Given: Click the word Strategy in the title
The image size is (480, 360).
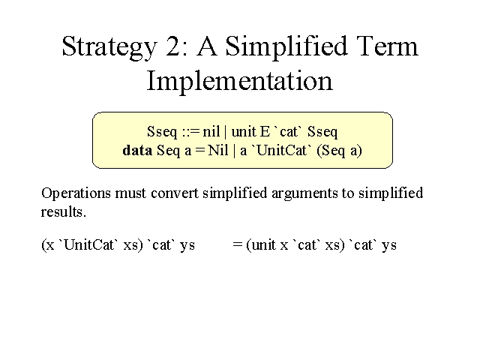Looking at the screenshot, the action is click(109, 46).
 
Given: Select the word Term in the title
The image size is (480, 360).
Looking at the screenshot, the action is click(387, 45).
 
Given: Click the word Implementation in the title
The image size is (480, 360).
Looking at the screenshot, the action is click(240, 80).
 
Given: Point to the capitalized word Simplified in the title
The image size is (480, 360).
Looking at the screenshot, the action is click(286, 46).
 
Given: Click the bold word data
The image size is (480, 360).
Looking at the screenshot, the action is click(137, 150).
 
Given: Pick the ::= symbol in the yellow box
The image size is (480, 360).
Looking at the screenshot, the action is click(190, 132).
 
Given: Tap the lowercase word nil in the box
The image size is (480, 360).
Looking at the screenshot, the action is click(211, 132).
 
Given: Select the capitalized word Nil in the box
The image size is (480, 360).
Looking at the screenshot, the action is click(218, 150).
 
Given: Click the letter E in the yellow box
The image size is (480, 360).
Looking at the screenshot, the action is click(265, 132).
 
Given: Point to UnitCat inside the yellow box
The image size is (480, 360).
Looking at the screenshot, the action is click(282, 150).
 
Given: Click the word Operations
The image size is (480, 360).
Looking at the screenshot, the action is click(76, 193).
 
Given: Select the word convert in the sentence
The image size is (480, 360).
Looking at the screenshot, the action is click(175, 193).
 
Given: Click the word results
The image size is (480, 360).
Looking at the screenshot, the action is click(63, 211).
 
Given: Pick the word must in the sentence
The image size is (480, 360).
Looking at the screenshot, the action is click(130, 193).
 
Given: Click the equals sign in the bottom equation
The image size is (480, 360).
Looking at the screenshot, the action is click(238, 244).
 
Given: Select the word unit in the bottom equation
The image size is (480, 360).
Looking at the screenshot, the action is click(263, 245).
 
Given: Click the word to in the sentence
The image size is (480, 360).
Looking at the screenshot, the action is click(348, 194).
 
